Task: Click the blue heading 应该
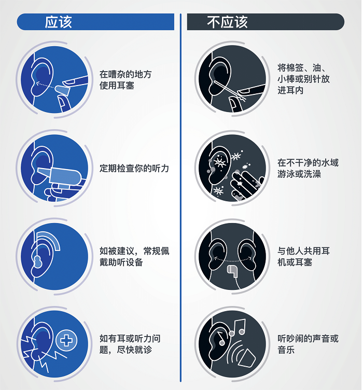click(x=59, y=22)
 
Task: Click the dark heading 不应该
click(x=227, y=22)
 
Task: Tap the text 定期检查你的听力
click(x=134, y=169)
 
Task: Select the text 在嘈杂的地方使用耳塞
click(x=125, y=80)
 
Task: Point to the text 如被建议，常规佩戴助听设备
click(x=134, y=257)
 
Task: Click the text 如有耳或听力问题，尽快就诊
click(x=130, y=344)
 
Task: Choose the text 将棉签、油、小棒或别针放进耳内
click(x=303, y=79)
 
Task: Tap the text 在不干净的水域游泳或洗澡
click(x=308, y=169)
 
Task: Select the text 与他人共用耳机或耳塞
click(x=303, y=256)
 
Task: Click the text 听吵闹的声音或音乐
click(x=308, y=344)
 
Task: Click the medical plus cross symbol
click(x=66, y=340)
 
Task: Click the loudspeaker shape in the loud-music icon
click(x=246, y=358)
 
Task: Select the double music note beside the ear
click(x=237, y=327)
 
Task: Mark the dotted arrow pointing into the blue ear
click(x=45, y=85)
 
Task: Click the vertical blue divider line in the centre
click(x=180, y=198)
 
